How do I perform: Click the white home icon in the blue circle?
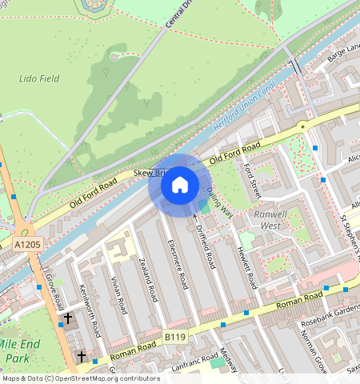click(180, 186)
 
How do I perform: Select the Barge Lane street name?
click(343, 50)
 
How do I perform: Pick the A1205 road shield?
click(26, 243)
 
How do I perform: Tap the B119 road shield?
click(174, 338)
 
